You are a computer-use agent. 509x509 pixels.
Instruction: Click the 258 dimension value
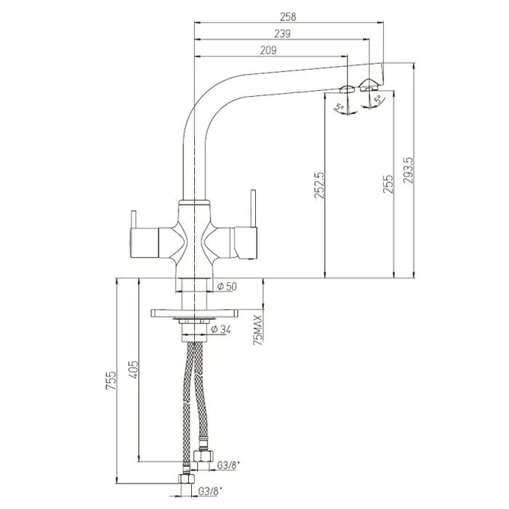tap(288, 17)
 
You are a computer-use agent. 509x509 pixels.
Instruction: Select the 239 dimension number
tap(282, 33)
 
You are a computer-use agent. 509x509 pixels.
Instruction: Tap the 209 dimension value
tap(268, 50)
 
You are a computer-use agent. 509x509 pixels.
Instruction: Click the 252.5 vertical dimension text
tap(318, 185)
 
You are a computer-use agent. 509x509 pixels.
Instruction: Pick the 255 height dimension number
tap(388, 185)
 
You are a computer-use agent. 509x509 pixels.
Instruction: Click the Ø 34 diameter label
tap(221, 329)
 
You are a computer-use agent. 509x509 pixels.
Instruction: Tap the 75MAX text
tap(258, 330)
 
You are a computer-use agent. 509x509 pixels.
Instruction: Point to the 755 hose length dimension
tap(111, 380)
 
